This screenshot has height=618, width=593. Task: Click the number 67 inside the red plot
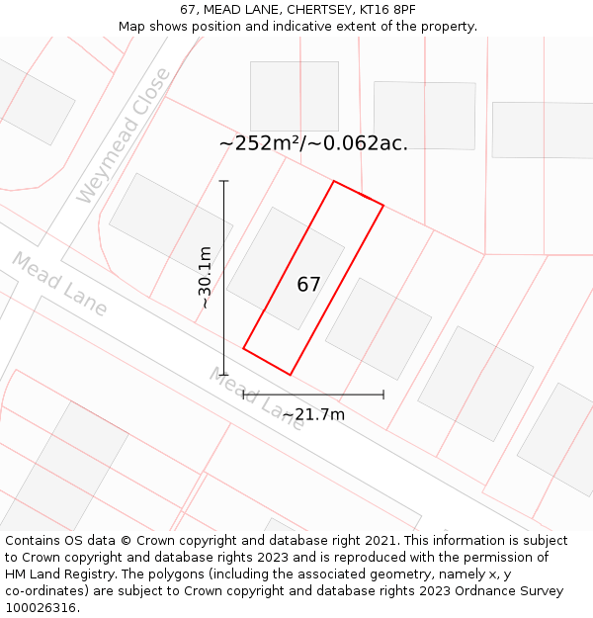[308, 285]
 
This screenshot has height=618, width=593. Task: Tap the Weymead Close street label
[124, 136]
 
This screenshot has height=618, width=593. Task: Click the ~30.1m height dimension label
[205, 278]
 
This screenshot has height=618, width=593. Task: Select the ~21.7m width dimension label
[313, 414]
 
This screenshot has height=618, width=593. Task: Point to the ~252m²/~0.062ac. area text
[313, 143]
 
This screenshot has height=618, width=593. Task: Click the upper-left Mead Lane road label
[59, 284]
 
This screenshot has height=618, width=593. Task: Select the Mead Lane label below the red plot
[257, 397]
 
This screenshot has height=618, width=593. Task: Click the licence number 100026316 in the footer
[41, 608]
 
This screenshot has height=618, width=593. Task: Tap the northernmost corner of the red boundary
[334, 181]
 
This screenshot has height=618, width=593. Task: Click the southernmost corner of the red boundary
[290, 375]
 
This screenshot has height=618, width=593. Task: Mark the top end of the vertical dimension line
[223, 181]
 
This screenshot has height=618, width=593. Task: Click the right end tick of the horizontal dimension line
[383, 395]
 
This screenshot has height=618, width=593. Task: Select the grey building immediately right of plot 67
[379, 328]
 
